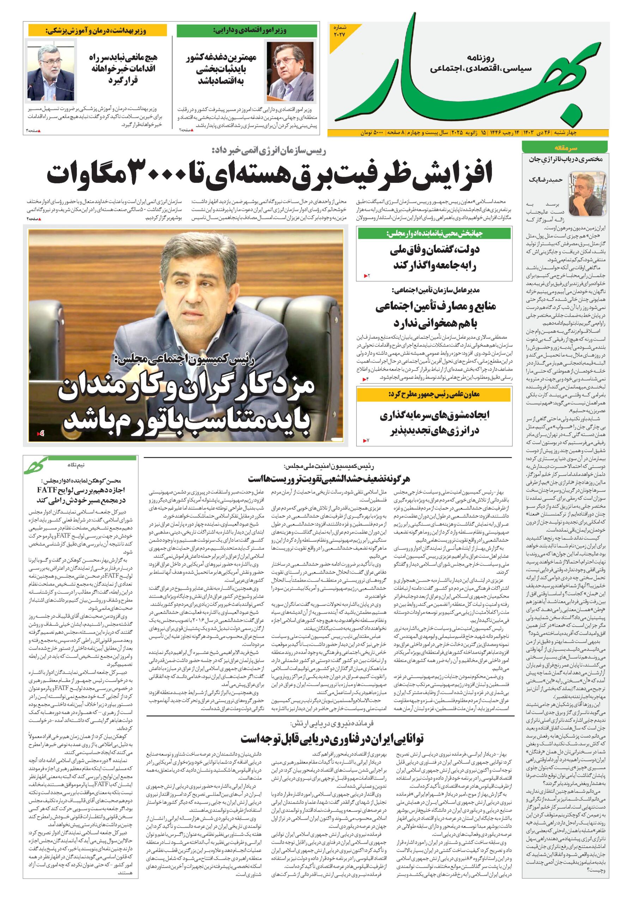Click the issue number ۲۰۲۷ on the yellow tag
coord(339,34)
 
